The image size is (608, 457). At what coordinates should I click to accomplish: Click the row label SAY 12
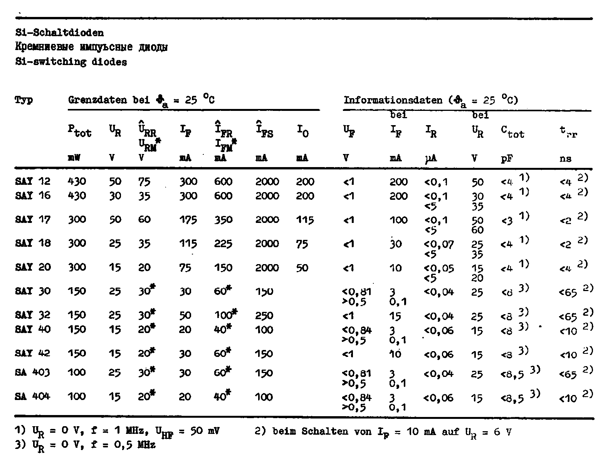pos(33,181)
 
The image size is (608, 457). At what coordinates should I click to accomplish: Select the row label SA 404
pos(33,396)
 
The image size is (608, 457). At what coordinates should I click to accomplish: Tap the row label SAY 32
pos(33,315)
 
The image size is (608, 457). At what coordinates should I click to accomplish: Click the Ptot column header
pos(79,133)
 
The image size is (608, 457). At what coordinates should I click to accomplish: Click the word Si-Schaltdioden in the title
pos(59,33)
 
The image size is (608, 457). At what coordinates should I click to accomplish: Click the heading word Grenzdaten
pos(97,100)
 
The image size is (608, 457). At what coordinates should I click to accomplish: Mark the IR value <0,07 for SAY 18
pos(439,244)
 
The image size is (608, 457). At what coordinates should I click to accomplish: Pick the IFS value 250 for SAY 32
pos(264,316)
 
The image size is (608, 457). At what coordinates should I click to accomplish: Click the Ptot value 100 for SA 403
pos(77,373)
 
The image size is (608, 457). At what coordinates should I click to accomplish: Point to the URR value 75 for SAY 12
pos(144,181)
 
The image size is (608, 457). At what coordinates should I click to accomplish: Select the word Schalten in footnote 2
pos(319,431)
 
